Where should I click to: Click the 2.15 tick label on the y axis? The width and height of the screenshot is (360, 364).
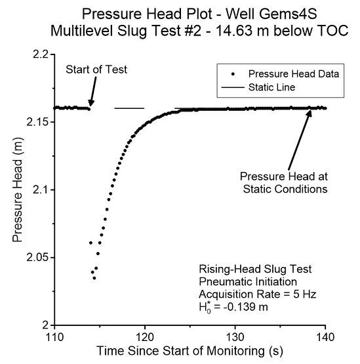37,122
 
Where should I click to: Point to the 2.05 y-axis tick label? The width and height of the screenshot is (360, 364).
37,258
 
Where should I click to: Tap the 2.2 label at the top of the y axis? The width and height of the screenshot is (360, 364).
41,54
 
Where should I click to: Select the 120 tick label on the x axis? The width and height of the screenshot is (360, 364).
145,337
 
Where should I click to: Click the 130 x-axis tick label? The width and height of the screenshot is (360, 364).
235,337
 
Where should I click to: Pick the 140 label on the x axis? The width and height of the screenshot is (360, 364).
325,337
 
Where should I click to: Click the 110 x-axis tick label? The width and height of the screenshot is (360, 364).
55,337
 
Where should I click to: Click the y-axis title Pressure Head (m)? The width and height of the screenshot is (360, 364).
18,190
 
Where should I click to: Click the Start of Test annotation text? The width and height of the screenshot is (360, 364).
96,70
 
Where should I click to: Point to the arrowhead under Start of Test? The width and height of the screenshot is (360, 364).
90,103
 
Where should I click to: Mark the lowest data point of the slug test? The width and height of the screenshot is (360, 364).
94,278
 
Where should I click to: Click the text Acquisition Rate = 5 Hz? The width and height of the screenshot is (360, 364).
258,294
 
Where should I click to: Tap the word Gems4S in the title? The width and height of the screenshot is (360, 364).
288,14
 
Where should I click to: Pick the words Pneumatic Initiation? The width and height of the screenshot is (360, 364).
248,282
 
